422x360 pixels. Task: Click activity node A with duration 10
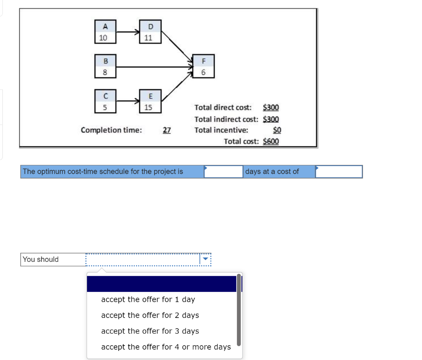105,32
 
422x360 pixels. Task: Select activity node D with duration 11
150,32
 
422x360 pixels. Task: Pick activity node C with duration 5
105,101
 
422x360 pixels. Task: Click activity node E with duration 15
150,101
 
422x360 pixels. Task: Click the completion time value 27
166,130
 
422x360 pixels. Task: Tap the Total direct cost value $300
271,108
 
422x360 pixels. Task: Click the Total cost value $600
271,141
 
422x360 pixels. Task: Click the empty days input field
223,172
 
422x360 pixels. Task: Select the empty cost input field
339,172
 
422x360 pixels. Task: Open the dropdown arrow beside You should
205,259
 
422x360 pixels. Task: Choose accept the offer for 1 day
148,299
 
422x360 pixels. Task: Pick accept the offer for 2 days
150,315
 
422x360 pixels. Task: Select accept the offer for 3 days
150,331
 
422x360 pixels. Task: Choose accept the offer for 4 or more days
166,347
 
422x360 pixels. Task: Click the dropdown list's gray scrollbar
239,309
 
